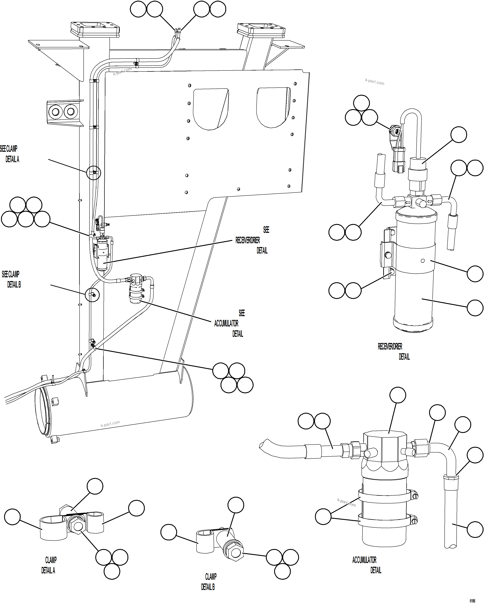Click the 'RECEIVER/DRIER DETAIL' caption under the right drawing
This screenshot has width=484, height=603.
coord(393,352)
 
